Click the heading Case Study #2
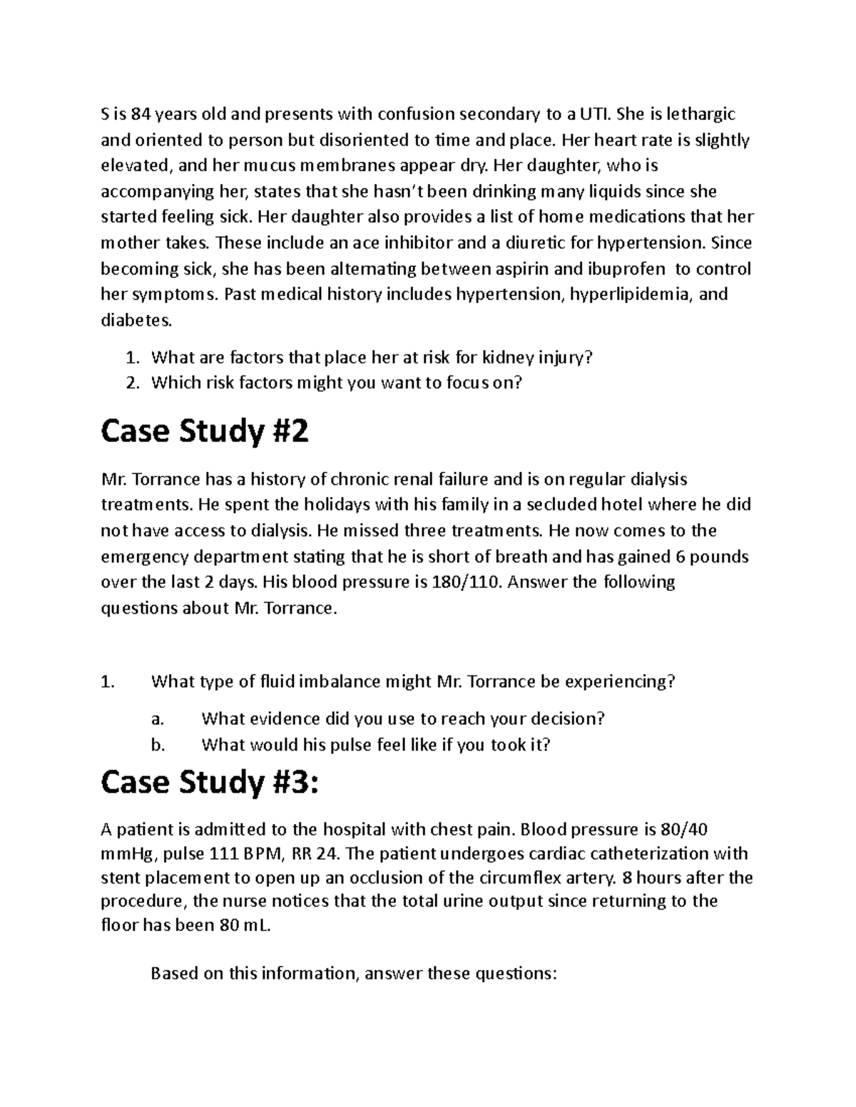[x=205, y=432]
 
